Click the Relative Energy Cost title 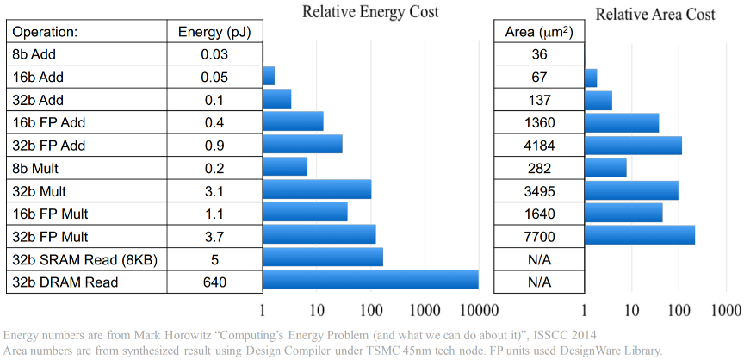[x=370, y=12]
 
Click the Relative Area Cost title [x=655, y=15]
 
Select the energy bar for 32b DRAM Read [x=370, y=280]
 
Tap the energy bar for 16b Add [x=269, y=76]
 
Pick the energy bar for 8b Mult [x=284, y=166]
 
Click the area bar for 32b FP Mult [x=639, y=235]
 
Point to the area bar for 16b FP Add [x=621, y=121]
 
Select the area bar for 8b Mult [x=605, y=166]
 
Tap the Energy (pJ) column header [x=214, y=33]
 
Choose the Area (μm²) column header [x=538, y=33]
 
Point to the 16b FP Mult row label [x=50, y=213]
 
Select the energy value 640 [x=214, y=281]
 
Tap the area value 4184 [x=538, y=145]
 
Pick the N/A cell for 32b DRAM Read [x=538, y=281]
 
